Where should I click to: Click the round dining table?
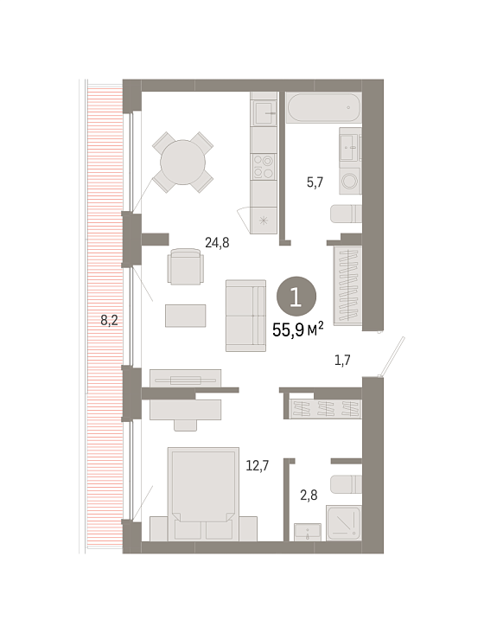tap(182, 163)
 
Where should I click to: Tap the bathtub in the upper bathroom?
tap(323, 107)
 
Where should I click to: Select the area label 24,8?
tap(217, 243)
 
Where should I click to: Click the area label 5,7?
tap(315, 182)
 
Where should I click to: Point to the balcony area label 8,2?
tap(109, 321)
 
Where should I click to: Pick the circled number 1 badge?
tap(296, 297)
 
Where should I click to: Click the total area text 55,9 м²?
tap(297, 329)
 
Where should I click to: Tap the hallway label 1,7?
tap(342, 360)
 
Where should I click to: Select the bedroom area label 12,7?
tap(258, 466)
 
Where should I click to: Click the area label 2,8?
tap(309, 495)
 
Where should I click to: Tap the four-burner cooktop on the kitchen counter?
tap(264, 167)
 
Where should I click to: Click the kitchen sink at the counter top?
tap(264, 112)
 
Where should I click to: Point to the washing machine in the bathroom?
tap(350, 182)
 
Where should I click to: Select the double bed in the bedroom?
tap(203, 493)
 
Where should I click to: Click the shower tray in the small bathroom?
tap(344, 522)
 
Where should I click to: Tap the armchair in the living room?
tap(186, 267)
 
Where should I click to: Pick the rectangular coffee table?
tap(186, 316)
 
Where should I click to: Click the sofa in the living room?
tap(245, 316)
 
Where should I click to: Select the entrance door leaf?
tap(392, 357)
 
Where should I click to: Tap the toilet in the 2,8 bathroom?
tap(346, 484)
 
